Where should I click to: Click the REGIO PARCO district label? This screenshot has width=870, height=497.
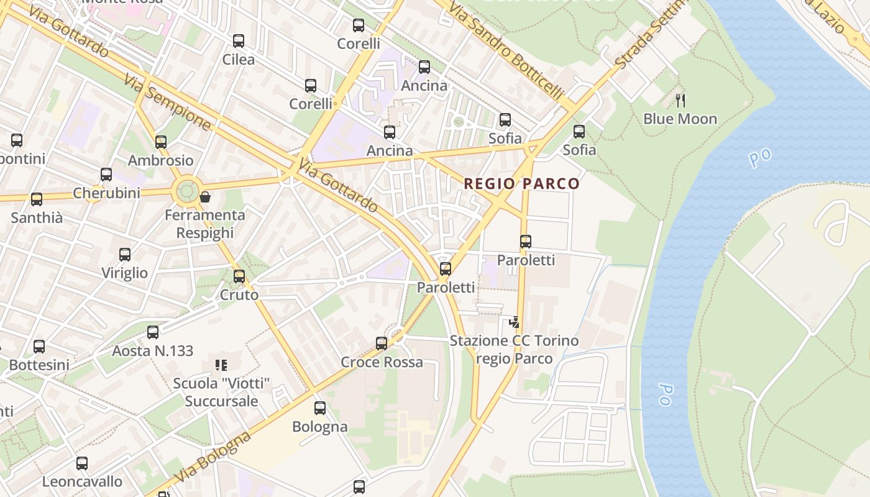521,184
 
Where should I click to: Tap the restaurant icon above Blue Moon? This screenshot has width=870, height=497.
680,99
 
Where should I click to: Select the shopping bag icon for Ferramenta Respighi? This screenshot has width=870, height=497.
205,197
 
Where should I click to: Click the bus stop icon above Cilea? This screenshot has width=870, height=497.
239,41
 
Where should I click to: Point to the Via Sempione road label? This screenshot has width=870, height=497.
167,103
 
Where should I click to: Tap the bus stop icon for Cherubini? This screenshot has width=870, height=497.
106,175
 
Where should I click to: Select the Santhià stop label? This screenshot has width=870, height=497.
37,218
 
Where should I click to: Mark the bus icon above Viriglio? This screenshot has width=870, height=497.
125,255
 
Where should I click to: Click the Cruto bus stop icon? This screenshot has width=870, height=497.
239,276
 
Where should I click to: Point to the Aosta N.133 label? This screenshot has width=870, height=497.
153,351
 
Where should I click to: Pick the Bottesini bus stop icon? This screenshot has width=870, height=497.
39,347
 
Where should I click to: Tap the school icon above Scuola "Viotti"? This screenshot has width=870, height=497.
221,365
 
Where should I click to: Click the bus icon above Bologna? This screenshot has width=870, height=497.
320,408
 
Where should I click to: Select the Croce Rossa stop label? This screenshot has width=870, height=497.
382,362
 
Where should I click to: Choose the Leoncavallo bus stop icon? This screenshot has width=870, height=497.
82,463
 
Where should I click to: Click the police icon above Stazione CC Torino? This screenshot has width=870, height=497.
514,322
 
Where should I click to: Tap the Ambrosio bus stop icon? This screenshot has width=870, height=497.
161,142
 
